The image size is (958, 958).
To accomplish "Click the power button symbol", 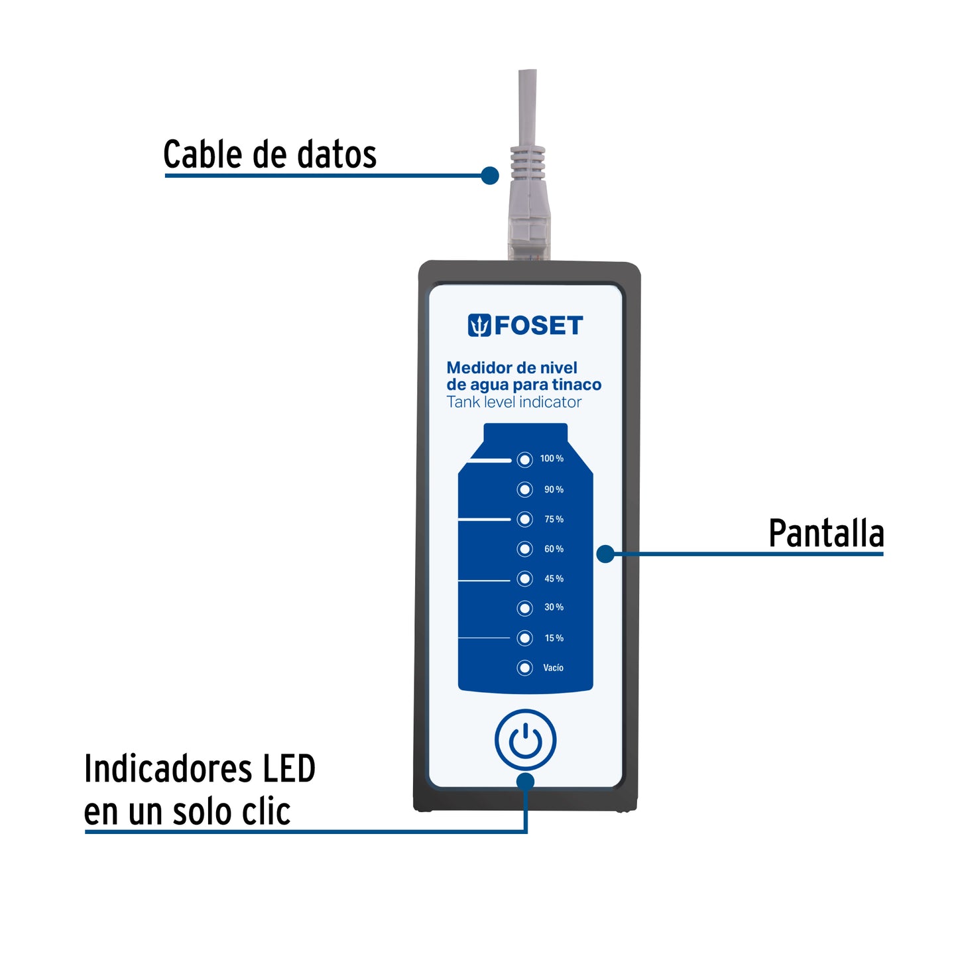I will point(525,740).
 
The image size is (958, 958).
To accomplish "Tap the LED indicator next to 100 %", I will point(524,459).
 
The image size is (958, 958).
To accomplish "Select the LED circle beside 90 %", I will point(524,489).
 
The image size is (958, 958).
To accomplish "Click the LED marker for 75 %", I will point(524,519).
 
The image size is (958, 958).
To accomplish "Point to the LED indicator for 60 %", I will point(524,549).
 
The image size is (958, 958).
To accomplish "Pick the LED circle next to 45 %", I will point(524,579).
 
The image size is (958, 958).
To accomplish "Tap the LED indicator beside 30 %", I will point(524,608).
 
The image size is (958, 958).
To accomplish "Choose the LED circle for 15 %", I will point(524,638).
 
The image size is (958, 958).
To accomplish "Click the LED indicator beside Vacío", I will point(524,668).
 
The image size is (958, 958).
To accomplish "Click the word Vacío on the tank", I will point(553,668).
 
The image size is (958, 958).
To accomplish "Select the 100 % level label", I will point(552,459).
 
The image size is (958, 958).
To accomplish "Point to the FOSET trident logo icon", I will point(479,326).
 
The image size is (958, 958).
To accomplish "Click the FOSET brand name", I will point(538,326).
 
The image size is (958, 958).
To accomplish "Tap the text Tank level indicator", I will point(514,402).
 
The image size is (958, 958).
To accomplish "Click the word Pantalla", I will point(826,534).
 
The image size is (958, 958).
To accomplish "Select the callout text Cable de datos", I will point(270,155).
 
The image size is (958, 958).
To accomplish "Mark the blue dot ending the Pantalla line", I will point(605,554).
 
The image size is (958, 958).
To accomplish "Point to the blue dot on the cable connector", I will point(490,176).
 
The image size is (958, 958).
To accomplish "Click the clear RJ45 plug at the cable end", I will point(528,235).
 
